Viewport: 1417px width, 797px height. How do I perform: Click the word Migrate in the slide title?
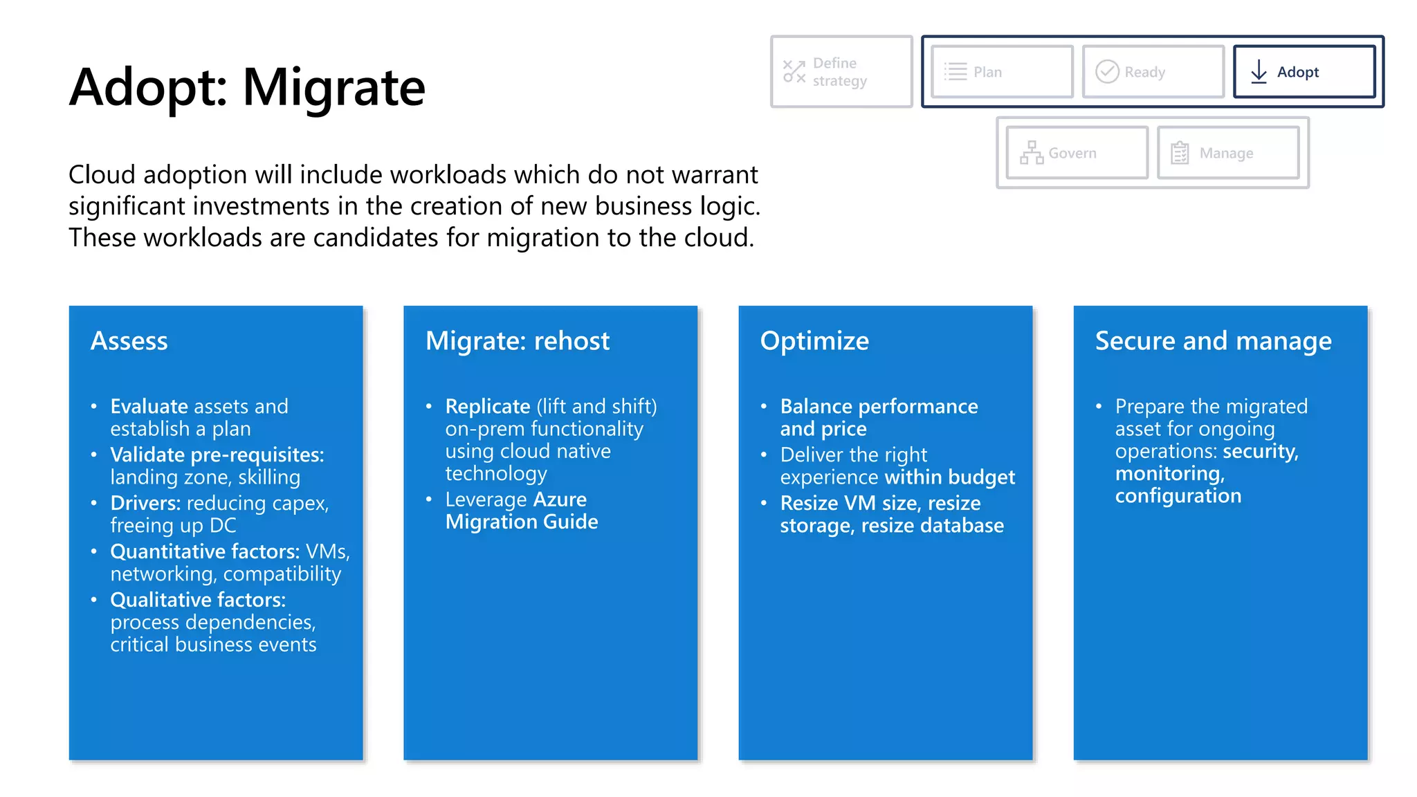(x=333, y=87)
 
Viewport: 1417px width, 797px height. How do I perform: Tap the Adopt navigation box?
(x=1304, y=72)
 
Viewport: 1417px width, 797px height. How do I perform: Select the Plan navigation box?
(x=1002, y=72)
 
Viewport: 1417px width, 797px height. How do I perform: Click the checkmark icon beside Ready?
(x=1107, y=72)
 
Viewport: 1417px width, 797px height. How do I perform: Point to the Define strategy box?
(x=841, y=72)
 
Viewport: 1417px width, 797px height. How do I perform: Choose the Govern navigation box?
(x=1077, y=153)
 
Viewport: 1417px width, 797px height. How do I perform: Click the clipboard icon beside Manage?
(x=1180, y=153)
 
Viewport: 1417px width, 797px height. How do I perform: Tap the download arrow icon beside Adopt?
(x=1259, y=72)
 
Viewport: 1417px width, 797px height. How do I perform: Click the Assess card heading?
(x=129, y=341)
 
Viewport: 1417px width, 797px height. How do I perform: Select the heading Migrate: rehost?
(x=518, y=341)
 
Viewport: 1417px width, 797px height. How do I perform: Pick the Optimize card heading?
(x=814, y=341)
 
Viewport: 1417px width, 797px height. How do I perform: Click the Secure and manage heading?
(x=1213, y=341)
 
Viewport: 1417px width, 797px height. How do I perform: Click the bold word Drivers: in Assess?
(x=145, y=503)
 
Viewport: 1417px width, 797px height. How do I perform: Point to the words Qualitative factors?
(x=198, y=600)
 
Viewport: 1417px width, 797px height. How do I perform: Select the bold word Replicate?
(x=488, y=406)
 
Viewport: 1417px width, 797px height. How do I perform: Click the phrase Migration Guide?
(x=522, y=522)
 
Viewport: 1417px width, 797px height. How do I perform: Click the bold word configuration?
(x=1178, y=496)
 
